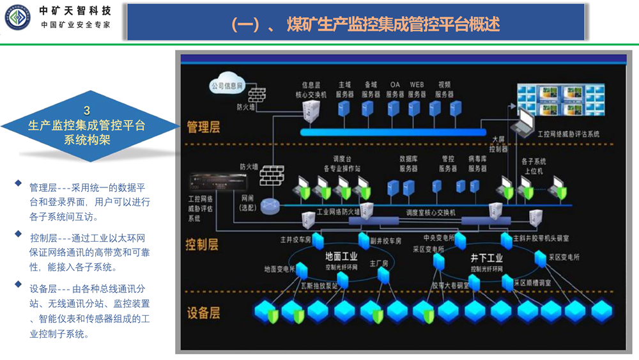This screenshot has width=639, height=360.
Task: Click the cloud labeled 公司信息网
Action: [x=227, y=86]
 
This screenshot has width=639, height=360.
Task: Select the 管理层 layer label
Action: [x=203, y=127]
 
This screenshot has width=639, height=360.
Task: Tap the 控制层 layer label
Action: [x=203, y=244]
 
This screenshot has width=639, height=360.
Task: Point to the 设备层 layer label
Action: [x=203, y=313]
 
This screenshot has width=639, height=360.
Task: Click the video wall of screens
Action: [x=561, y=101]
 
